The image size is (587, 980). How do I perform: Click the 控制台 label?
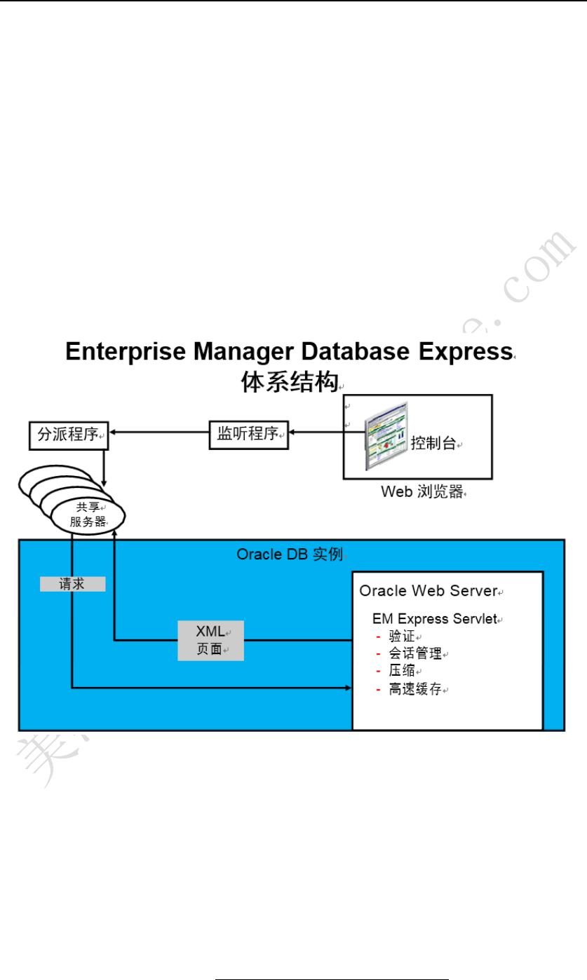pos(433,443)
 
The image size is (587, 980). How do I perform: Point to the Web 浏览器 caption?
pos(422,492)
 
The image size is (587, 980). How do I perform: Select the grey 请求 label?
pos(72,584)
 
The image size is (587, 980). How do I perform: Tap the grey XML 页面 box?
pos(210,640)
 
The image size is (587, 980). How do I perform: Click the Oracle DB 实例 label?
pos(290,554)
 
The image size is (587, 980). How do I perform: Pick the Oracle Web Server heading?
pos(428,591)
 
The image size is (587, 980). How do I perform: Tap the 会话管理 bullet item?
pos(415,653)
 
